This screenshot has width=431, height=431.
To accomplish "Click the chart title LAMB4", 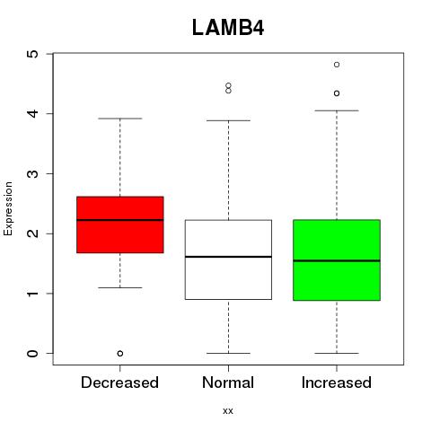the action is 228,28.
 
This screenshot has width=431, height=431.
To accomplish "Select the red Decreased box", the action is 120,224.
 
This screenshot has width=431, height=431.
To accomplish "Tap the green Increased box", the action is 337,260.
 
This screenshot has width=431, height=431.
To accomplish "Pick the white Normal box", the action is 228,259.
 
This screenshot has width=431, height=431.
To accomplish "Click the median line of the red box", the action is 120,220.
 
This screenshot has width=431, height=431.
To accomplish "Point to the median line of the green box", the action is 337,260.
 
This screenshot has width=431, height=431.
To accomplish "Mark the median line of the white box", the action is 228,257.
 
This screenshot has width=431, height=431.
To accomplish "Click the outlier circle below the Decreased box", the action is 120,354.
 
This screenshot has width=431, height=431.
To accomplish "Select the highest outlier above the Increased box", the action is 337,65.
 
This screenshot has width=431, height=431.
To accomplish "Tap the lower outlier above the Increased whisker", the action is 337,93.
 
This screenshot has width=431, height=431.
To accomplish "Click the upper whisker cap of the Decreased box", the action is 120,119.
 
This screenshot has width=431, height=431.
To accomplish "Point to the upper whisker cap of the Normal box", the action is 228,120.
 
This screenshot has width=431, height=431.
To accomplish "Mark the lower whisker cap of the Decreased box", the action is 120,287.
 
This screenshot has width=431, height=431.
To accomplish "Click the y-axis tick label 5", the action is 33,54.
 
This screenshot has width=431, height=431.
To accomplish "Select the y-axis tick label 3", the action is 33,173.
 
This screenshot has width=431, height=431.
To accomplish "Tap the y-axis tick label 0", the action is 33,354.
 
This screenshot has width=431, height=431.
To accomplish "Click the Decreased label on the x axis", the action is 119,383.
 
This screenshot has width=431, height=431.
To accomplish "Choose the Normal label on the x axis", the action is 228,383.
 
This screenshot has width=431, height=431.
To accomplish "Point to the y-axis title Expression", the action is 8,208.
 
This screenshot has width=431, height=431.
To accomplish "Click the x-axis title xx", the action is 228,410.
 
